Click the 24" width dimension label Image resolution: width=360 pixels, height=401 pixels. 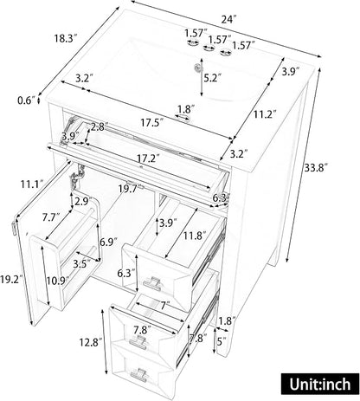click(x=228, y=19)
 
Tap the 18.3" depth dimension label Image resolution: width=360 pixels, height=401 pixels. click(x=67, y=38)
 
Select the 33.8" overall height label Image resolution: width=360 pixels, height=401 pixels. click(x=316, y=167)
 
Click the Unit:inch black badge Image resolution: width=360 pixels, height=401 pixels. click(x=320, y=384)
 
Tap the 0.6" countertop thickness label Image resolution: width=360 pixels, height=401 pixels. click(x=26, y=100)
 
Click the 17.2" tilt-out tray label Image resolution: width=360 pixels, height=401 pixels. click(x=148, y=158)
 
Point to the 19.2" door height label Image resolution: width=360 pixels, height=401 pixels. click(x=11, y=280)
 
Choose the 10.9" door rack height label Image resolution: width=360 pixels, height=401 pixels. click(x=58, y=281)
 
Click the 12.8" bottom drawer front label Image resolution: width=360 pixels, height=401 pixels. click(x=91, y=343)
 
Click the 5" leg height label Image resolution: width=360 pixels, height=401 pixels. click(x=222, y=342)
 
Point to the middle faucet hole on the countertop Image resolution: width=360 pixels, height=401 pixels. click(x=209, y=48)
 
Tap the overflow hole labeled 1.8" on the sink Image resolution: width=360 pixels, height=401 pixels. click(x=183, y=118)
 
